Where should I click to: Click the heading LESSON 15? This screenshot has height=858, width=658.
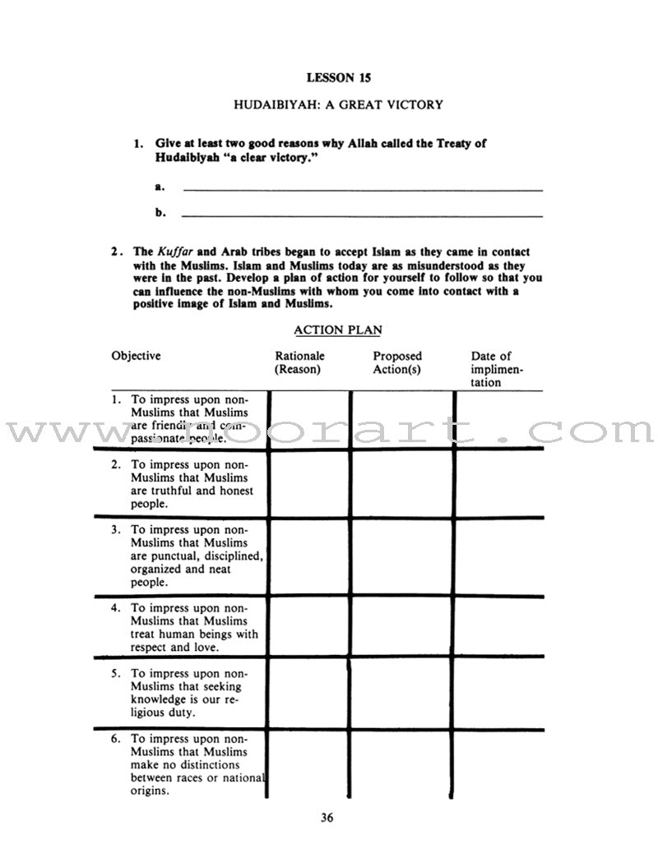pos(338,78)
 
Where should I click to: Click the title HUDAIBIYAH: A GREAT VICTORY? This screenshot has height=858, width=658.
pos(338,104)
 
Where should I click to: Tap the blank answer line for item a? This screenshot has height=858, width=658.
pos(362,189)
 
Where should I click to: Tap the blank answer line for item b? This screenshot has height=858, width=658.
pos(362,215)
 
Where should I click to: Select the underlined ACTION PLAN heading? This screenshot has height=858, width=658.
pos(337,330)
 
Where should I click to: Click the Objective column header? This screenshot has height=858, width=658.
pos(137,356)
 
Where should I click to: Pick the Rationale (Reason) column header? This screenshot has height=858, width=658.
pos(299,362)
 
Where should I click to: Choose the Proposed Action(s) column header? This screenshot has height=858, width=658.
pos(397,362)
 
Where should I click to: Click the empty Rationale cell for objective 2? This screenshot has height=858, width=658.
pos(308,483)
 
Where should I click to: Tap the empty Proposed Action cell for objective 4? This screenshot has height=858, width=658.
pos(401,626)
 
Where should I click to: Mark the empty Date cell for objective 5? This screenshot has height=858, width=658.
pos(498,693)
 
